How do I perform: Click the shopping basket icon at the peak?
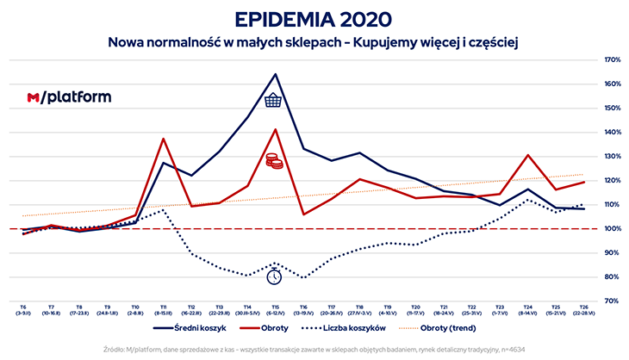pos(274,101)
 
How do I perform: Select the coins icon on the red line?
pos(274,161)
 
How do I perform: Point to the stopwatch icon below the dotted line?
pos(274,276)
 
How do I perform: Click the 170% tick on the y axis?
pos(613,59)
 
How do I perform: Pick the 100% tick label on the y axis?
pos(613,228)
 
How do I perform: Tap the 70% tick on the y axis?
pos(613,301)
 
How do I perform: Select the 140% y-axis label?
pos(613,132)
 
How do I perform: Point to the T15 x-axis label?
pos(275,307)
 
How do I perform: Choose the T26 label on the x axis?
pos(583,307)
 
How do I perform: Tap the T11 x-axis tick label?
pos(163,307)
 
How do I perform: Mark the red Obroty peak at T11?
pos(163,139)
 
